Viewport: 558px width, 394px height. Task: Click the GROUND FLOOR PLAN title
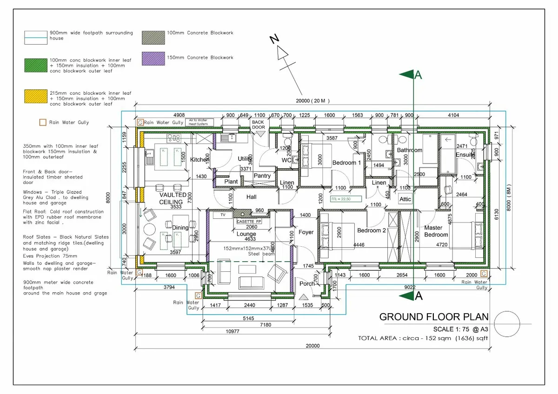pyautogui.click(x=434, y=317)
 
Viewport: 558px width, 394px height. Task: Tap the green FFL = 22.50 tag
pyautogui.click(x=341, y=199)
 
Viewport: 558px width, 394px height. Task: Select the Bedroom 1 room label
pyautogui.click(x=346, y=163)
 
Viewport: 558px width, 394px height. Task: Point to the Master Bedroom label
pyautogui.click(x=436, y=231)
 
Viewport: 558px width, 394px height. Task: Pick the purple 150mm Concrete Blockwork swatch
pyautogui.click(x=153, y=58)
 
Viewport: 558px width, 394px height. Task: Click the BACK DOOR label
pyautogui.click(x=258, y=125)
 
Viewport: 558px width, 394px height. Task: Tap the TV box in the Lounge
pyautogui.click(x=223, y=215)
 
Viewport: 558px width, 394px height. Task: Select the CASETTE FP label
pyautogui.click(x=249, y=222)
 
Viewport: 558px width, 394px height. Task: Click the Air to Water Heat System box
pyautogui.click(x=199, y=122)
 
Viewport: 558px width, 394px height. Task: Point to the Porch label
pyautogui.click(x=306, y=283)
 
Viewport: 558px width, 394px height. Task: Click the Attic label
pyautogui.click(x=405, y=199)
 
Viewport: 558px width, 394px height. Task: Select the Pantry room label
pyautogui.click(x=262, y=176)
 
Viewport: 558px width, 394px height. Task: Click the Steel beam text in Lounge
pyautogui.click(x=262, y=254)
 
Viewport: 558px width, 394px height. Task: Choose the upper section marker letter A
pyautogui.click(x=418, y=75)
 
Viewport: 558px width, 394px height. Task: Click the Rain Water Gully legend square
pyautogui.click(x=42, y=123)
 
